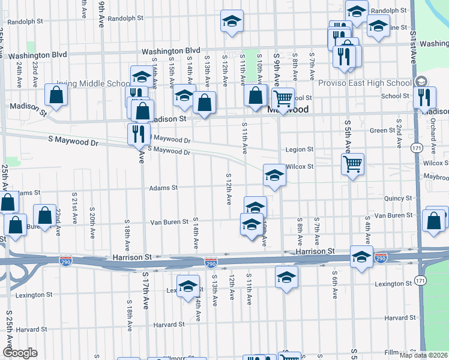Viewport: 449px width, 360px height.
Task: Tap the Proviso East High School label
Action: pos(365,83)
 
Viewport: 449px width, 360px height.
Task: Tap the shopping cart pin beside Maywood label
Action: pos(283,97)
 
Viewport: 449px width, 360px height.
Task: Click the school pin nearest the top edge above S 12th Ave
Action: pos(231,21)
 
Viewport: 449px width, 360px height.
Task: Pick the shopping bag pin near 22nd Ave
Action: pos(45,214)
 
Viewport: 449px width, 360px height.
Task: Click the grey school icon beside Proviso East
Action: pos(421,82)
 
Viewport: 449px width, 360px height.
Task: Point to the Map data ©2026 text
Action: pos(422,355)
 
